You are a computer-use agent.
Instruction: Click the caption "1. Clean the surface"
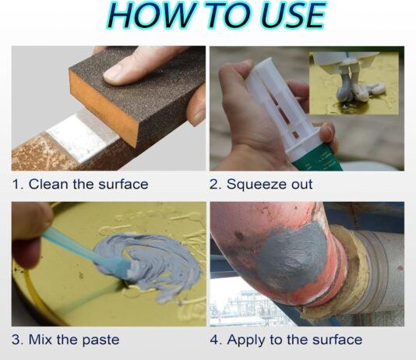[x=79, y=185]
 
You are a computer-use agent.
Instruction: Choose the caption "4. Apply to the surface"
[x=286, y=340]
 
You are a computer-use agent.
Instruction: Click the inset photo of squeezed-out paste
[x=354, y=85]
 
